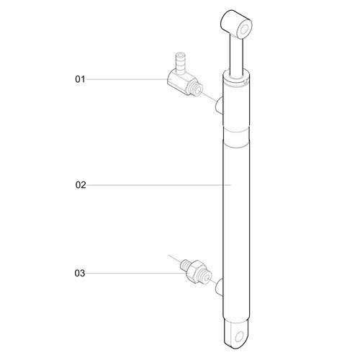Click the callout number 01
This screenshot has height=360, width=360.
pos(80,78)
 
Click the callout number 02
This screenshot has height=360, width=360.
pos(80,185)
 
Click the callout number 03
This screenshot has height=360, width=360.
pos(80,274)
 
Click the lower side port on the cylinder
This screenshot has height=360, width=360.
pos(220,287)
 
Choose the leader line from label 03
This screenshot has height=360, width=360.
pos(130,274)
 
